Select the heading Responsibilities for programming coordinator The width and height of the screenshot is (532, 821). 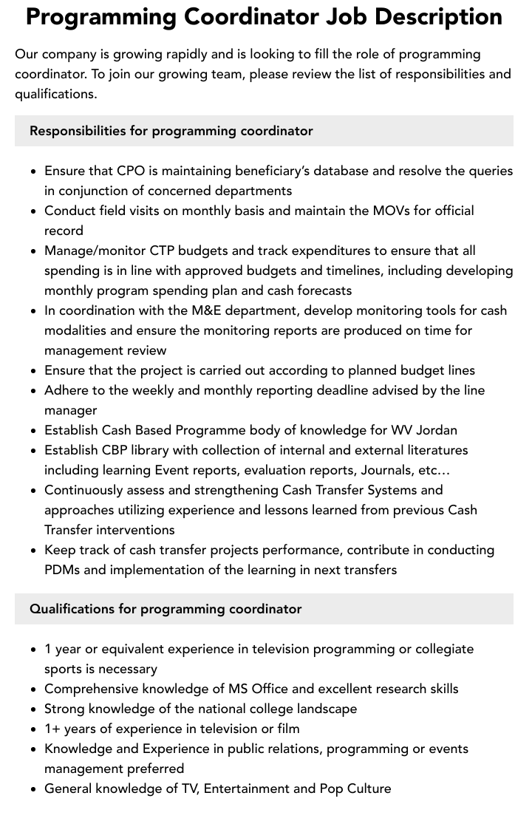click(x=171, y=131)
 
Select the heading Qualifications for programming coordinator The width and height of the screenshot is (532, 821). click(x=166, y=609)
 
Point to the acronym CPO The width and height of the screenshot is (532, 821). click(x=131, y=171)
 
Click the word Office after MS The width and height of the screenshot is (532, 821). click(x=270, y=689)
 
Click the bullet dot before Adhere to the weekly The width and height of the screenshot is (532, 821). click(x=33, y=391)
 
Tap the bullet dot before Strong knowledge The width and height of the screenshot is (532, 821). click(x=33, y=709)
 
